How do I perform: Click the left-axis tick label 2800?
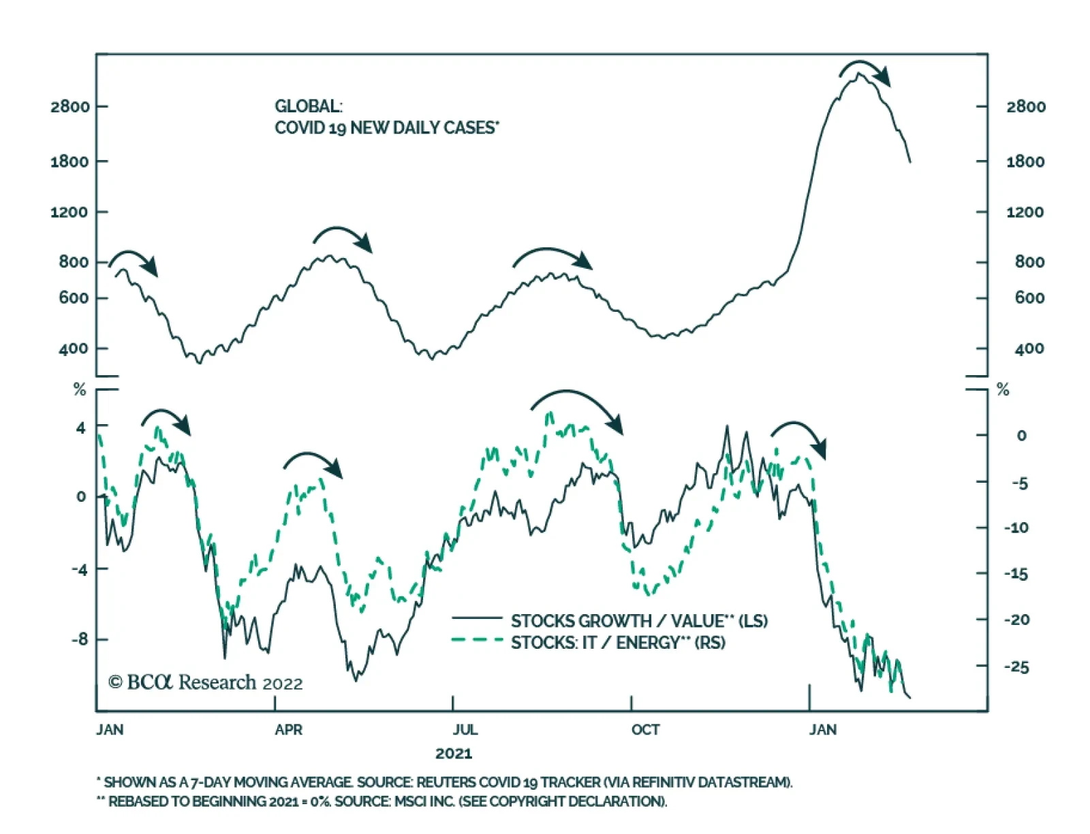tap(69, 107)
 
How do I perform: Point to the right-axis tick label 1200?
tap(1025, 212)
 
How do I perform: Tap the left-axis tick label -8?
tap(80, 639)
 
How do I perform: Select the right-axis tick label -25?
tap(1016, 667)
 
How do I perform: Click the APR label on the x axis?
tap(288, 730)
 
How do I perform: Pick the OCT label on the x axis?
tap(645, 730)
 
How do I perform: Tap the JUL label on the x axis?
tap(465, 730)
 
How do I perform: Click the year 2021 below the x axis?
tap(454, 754)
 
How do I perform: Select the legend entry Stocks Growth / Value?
tap(639, 621)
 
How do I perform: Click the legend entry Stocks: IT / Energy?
tap(618, 643)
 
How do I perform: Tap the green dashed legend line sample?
tap(477, 640)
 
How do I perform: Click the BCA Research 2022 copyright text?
tap(206, 682)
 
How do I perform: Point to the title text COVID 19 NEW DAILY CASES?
tap(386, 128)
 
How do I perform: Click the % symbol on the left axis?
tap(80, 389)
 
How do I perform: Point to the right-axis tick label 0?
tap(1021, 436)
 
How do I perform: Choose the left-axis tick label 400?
tap(74, 349)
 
